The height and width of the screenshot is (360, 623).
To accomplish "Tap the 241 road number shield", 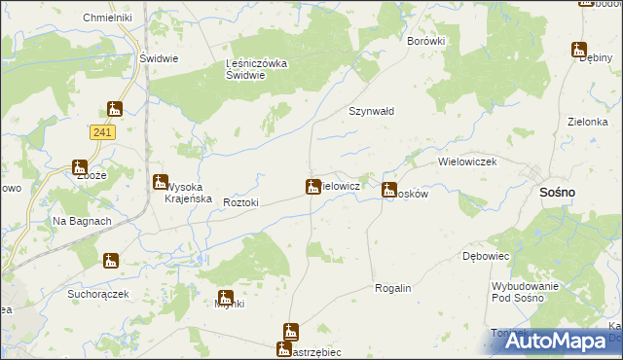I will [x=101, y=131].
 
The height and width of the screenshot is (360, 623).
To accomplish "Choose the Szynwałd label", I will [x=372, y=111].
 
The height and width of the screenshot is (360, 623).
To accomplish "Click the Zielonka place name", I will [x=587, y=123].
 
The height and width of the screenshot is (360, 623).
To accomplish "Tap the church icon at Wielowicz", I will [x=313, y=186].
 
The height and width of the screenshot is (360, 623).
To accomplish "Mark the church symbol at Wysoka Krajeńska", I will [x=160, y=181].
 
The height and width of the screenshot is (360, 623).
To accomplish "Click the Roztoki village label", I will [x=240, y=202].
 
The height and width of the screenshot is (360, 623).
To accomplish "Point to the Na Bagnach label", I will [x=82, y=221].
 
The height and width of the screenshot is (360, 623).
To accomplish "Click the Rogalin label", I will [x=393, y=289].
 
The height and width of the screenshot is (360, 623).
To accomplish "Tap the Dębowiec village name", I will [x=486, y=255].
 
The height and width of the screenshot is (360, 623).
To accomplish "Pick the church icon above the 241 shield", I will [x=115, y=109].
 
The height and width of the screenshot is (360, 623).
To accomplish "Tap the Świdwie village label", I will [x=158, y=57].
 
